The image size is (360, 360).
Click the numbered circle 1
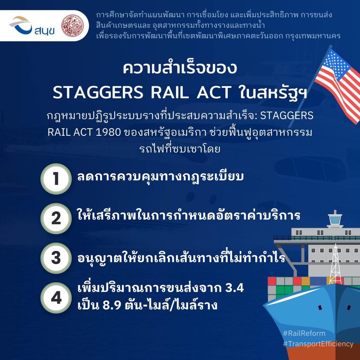click(x=56, y=179)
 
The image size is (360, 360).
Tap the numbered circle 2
click(x=56, y=218)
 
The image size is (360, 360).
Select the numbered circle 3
click(x=56, y=258)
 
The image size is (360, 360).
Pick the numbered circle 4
click(x=56, y=298)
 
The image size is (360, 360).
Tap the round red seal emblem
click(x=72, y=26)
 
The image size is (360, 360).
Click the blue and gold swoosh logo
click(x=21, y=25)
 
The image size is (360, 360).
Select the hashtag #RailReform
click(x=304, y=333)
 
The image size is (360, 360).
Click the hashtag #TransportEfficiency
click(x=318, y=344)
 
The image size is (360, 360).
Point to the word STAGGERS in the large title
click(x=98, y=92)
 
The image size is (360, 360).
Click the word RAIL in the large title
click(x=170, y=92)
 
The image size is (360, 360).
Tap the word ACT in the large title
click(x=214, y=92)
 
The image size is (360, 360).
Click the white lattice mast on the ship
click(x=335, y=264)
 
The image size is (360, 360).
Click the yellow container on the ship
click(x=306, y=281)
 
